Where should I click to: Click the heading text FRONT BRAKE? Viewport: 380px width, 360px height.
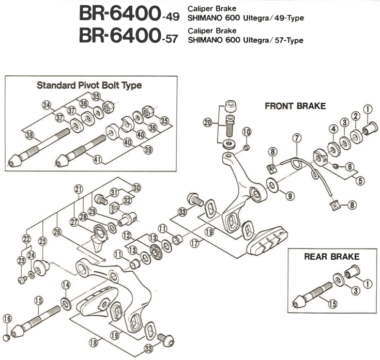click(295, 106)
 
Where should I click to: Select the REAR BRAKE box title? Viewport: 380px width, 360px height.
click(331, 257)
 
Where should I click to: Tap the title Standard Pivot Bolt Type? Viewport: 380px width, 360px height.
click(89, 85)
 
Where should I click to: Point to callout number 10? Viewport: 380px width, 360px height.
click(246, 132)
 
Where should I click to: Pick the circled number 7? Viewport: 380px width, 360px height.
click(296, 138)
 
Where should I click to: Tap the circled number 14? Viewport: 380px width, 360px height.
click(66, 285)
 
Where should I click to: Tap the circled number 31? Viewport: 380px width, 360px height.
click(114, 192)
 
